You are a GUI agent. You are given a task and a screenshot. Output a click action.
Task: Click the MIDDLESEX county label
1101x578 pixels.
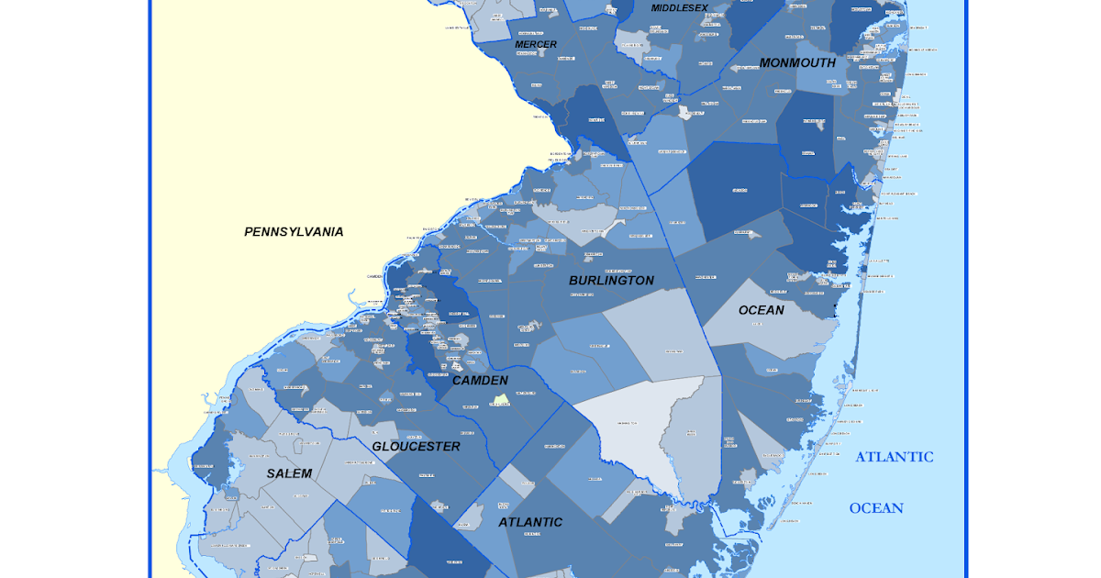(x=680, y=8)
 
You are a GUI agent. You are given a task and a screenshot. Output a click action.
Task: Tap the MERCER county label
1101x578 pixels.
(x=536, y=44)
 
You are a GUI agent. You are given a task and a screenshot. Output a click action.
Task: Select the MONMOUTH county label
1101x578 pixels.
(x=797, y=63)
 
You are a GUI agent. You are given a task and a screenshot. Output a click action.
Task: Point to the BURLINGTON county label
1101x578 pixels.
(x=611, y=281)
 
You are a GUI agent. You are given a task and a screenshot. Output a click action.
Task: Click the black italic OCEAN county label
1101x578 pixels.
(x=762, y=310)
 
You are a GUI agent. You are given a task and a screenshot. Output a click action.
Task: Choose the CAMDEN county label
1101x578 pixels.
(x=480, y=380)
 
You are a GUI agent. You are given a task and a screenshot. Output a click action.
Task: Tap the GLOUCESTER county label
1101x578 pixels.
(x=416, y=447)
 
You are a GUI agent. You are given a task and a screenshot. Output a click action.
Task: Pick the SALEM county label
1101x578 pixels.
(x=289, y=473)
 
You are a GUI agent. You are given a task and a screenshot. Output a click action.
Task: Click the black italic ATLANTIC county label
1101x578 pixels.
(x=530, y=522)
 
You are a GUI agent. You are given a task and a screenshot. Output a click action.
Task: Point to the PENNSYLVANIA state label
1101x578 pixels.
(x=294, y=232)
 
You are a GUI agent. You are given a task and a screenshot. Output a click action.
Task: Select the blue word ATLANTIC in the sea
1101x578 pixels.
(x=895, y=457)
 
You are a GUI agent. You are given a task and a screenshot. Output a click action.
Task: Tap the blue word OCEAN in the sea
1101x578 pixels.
(x=876, y=508)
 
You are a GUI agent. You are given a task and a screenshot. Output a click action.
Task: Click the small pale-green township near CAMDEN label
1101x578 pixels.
(x=500, y=400)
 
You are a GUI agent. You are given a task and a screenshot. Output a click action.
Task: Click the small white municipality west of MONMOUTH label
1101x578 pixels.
(x=684, y=113)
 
